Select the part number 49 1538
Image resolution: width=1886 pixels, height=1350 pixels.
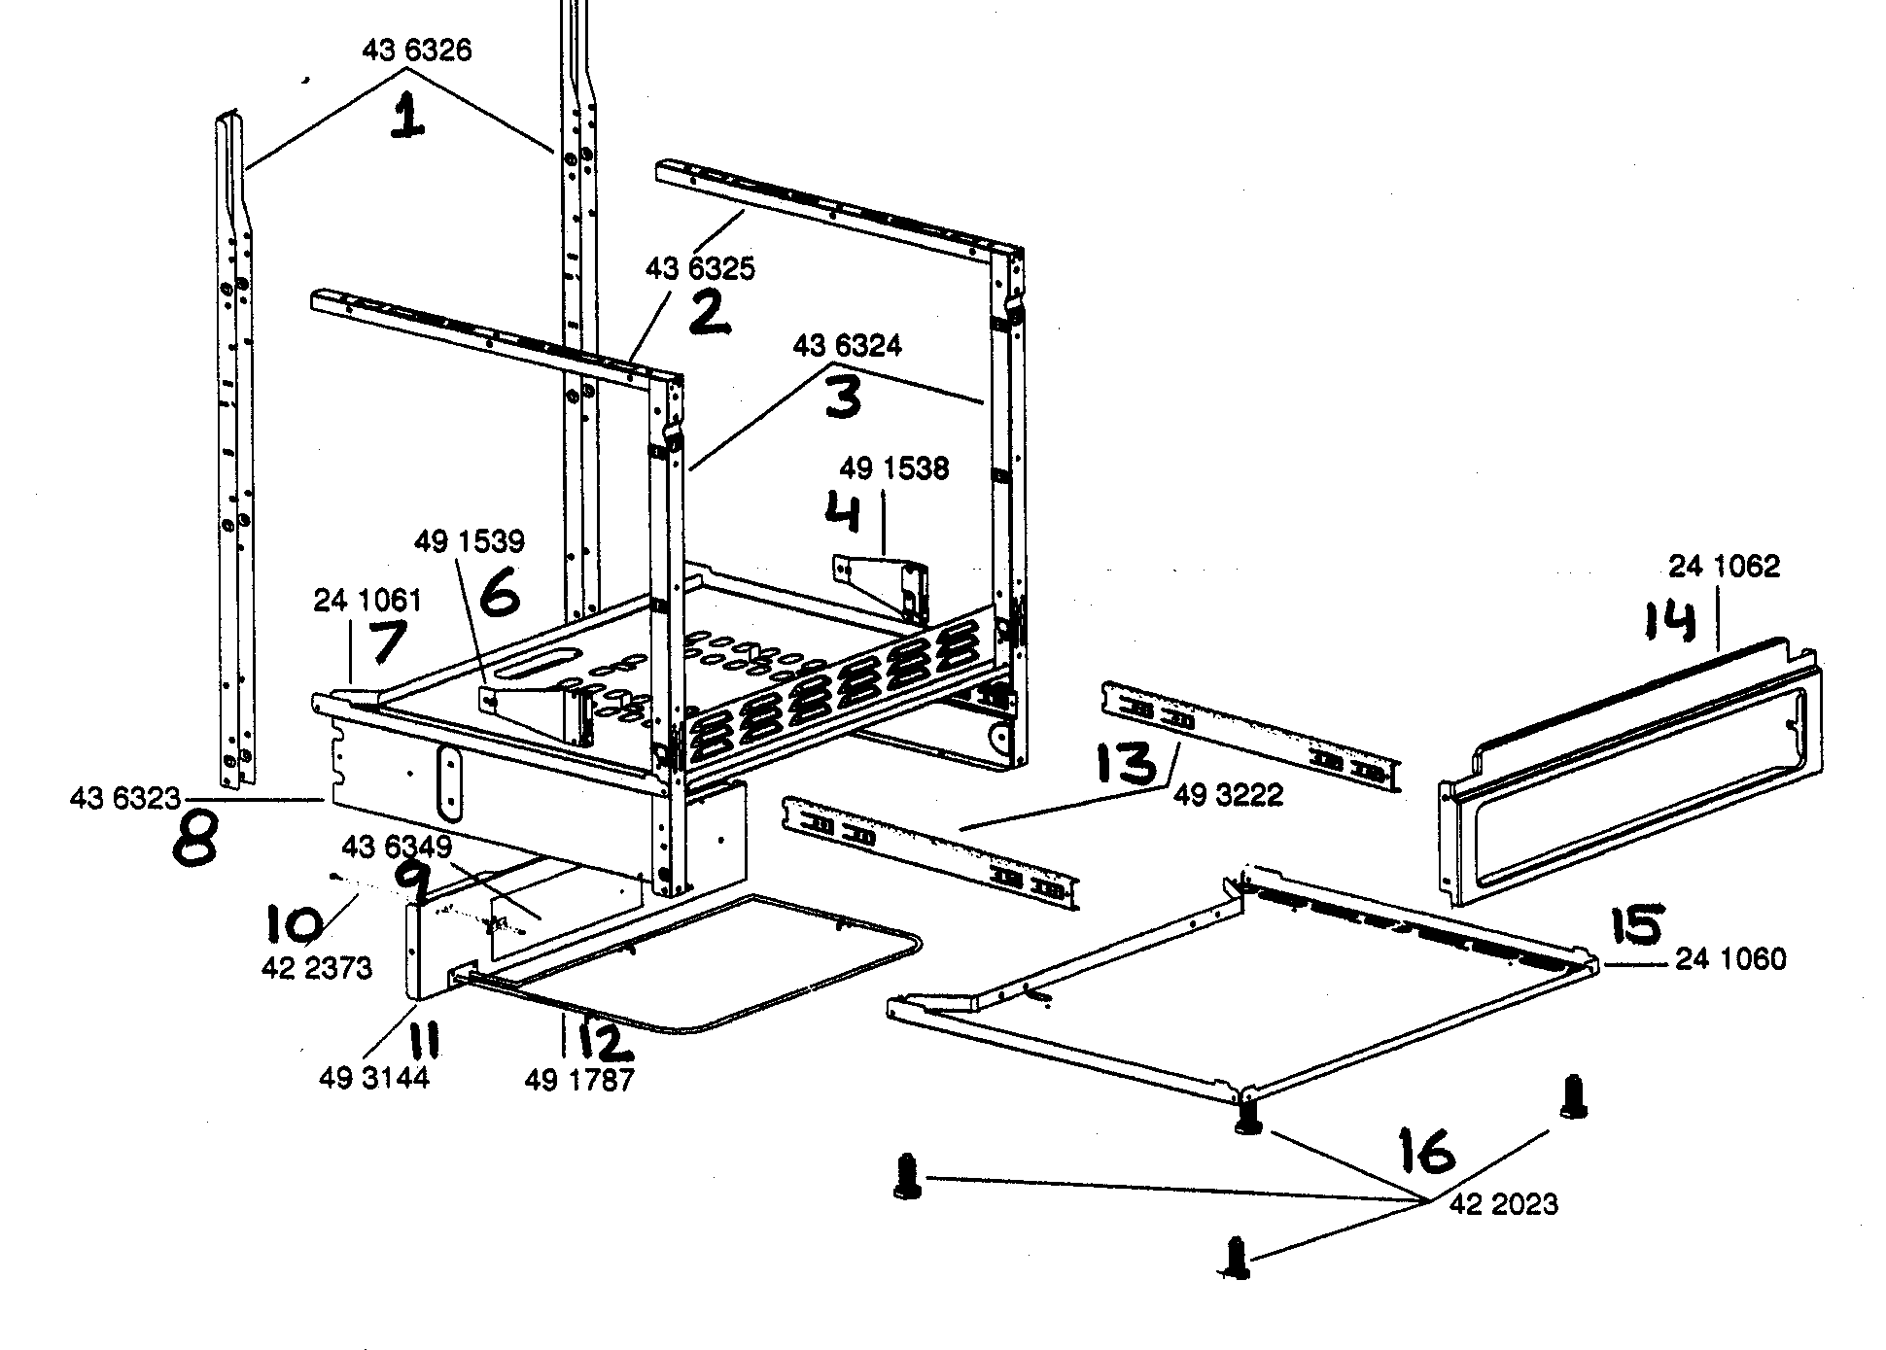tap(893, 468)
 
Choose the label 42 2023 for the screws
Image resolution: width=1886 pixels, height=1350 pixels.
tap(1504, 1205)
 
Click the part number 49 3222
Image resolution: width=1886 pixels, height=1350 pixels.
tap(1227, 795)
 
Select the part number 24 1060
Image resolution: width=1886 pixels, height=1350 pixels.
tap(1730, 959)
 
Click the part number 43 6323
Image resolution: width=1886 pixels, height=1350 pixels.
tap(124, 799)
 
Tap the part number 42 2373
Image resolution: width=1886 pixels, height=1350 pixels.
tap(317, 969)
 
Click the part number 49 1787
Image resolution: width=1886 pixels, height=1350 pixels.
tap(578, 1080)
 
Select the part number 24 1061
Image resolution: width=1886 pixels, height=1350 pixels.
tap(367, 601)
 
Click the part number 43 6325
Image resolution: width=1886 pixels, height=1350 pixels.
tap(699, 269)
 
